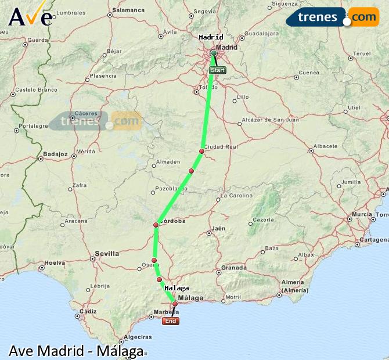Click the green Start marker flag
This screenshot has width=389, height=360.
[x=217, y=70]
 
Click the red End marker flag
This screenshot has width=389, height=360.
[x=171, y=321]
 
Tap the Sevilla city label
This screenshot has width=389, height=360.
[x=106, y=253]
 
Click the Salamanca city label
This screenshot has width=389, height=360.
[x=128, y=10]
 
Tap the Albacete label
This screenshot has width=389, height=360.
[x=325, y=146]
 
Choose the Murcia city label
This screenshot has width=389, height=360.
[x=362, y=214]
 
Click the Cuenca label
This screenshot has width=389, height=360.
[x=309, y=73]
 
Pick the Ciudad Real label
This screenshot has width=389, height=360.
[x=221, y=147]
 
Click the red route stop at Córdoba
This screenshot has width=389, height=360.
[x=156, y=225]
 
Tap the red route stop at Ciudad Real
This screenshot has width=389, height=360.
[x=201, y=151]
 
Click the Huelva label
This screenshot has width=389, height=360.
[x=55, y=262]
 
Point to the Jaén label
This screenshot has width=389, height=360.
[x=218, y=228]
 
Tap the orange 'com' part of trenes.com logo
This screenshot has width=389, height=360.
[x=363, y=17]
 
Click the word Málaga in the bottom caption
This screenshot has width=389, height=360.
[x=120, y=351]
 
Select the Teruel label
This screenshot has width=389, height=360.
[x=362, y=53]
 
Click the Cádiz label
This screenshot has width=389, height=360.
[x=89, y=311]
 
